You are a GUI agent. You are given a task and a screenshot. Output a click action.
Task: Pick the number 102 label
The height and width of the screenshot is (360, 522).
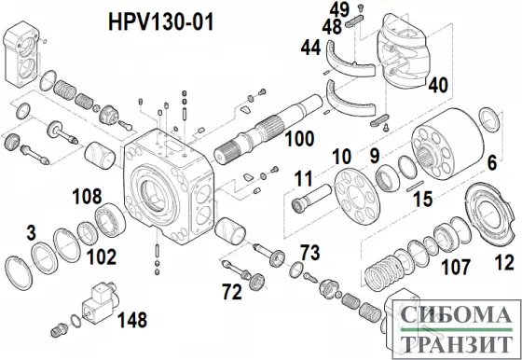pyautogui.click(x=101, y=255)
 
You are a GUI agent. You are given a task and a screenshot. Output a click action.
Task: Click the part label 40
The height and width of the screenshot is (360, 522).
pyautogui.click(x=437, y=85)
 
